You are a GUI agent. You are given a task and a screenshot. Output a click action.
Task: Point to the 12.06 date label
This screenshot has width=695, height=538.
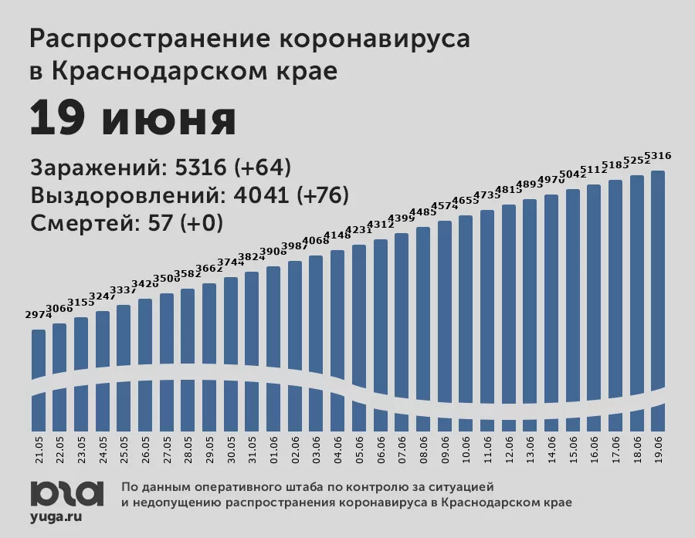[x=508, y=448]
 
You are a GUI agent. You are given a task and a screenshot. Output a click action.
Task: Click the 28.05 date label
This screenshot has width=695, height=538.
[x=188, y=448]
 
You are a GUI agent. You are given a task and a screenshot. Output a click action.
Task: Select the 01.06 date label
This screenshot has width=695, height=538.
[x=273, y=448]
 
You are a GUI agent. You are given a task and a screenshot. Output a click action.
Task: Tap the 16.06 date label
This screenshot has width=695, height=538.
[x=594, y=448]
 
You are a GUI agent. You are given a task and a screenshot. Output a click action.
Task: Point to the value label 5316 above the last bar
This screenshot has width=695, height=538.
[x=658, y=156]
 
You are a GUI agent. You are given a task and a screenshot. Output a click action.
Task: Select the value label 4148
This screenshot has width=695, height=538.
[x=337, y=235]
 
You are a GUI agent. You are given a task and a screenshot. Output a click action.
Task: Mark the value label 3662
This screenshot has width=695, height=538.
[x=209, y=269]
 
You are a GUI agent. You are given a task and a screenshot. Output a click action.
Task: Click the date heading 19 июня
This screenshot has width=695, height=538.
[x=133, y=120]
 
